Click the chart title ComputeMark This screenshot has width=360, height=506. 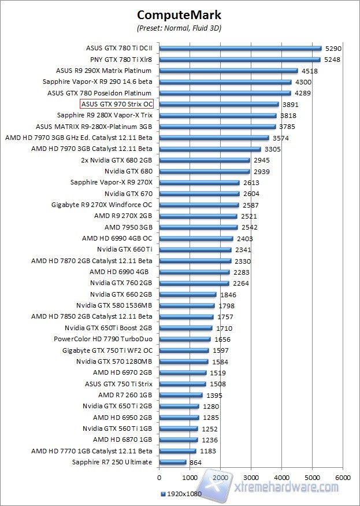click(179, 14)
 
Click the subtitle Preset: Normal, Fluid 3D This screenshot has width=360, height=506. click(179, 27)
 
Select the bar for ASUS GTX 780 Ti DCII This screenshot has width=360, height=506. click(240, 48)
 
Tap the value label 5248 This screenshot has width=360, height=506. click(333, 60)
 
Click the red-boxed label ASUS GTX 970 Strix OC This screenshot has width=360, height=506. click(117, 104)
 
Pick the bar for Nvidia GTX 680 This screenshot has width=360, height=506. click(204, 171)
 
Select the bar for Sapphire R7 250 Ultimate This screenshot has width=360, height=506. click(172, 462)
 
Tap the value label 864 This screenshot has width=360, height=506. click(196, 462)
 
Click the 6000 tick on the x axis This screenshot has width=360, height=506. click(343, 478)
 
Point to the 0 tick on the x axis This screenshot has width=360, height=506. click(159, 478)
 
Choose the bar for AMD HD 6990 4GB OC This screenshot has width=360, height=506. click(196, 238)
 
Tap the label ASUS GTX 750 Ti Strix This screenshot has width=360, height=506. click(118, 384)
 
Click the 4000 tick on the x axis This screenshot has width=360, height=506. click(281, 478)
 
